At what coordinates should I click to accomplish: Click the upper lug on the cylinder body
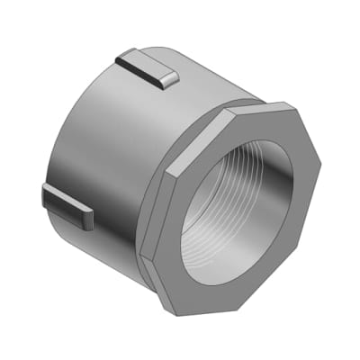(147, 68)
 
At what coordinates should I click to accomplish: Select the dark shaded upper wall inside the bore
(238, 157)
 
